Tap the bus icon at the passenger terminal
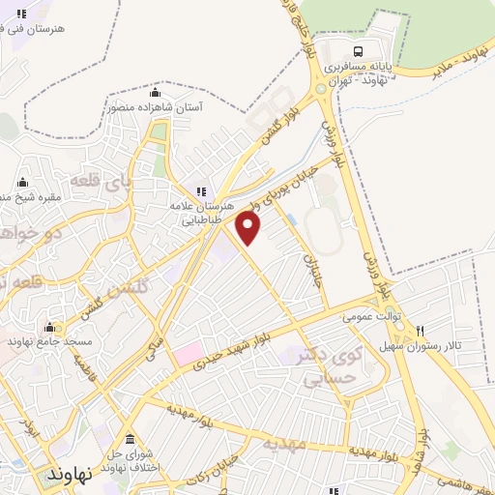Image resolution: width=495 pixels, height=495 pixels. [x=359, y=51]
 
